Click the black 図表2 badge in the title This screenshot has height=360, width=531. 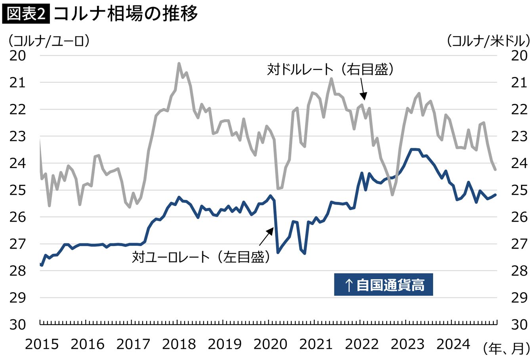(26, 14)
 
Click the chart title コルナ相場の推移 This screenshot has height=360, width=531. (126, 14)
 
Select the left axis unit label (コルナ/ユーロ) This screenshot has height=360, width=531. (49, 41)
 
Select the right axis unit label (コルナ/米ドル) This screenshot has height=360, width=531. (488, 41)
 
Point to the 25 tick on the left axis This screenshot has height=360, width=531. (17, 190)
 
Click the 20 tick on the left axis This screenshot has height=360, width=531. (17, 56)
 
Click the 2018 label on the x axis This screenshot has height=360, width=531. (179, 344)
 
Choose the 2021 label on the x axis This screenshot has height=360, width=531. (316, 344)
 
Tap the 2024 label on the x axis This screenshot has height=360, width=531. (453, 344)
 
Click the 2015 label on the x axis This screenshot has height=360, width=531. (42, 344)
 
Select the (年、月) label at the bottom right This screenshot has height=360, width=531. (506, 349)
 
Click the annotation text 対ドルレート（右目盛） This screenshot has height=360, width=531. (330, 69)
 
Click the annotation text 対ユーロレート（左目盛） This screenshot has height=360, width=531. (201, 257)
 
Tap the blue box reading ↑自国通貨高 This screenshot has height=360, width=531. (384, 285)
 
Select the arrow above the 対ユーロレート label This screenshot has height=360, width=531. (266, 236)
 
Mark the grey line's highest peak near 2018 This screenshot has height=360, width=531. (179, 63)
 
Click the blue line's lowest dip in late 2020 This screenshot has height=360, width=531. (305, 253)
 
